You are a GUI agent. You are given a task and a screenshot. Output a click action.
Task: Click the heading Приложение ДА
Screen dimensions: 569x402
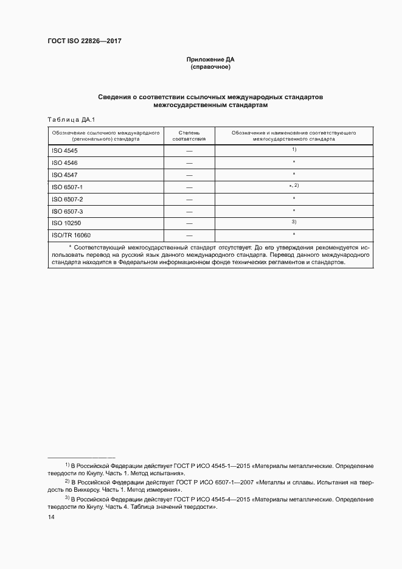click(210, 60)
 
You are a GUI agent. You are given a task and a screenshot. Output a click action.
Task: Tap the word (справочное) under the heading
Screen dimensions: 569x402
click(210, 67)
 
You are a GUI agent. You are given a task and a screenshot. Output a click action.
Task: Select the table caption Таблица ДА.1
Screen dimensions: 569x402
click(71, 119)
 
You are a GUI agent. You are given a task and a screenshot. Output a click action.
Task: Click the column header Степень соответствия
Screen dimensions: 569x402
click(189, 135)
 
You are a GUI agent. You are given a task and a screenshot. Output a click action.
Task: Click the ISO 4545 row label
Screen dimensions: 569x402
click(64, 150)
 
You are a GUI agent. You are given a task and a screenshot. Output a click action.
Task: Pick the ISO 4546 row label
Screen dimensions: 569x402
click(64, 162)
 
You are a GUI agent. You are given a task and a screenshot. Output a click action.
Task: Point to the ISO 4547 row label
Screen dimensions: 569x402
click(64, 175)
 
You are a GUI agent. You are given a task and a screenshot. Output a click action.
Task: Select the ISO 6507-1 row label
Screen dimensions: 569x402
click(67, 187)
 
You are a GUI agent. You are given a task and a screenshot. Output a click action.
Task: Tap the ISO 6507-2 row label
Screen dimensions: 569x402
click(67, 199)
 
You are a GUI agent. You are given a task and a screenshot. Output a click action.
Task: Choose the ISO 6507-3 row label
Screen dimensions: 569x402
click(67, 211)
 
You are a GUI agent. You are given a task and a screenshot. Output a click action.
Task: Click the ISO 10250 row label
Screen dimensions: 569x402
click(66, 223)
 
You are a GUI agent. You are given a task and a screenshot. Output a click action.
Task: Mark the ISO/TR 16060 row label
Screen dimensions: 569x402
click(71, 235)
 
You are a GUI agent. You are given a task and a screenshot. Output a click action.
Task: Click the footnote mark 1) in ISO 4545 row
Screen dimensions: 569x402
click(294, 149)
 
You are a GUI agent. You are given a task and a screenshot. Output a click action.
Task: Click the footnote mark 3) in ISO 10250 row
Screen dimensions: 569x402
click(294, 222)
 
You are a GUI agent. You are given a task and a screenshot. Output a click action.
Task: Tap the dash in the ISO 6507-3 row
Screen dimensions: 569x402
click(189, 211)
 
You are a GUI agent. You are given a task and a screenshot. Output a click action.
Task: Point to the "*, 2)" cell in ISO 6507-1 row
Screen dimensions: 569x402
click(294, 186)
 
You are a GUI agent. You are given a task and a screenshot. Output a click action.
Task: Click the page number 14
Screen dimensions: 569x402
click(51, 517)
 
